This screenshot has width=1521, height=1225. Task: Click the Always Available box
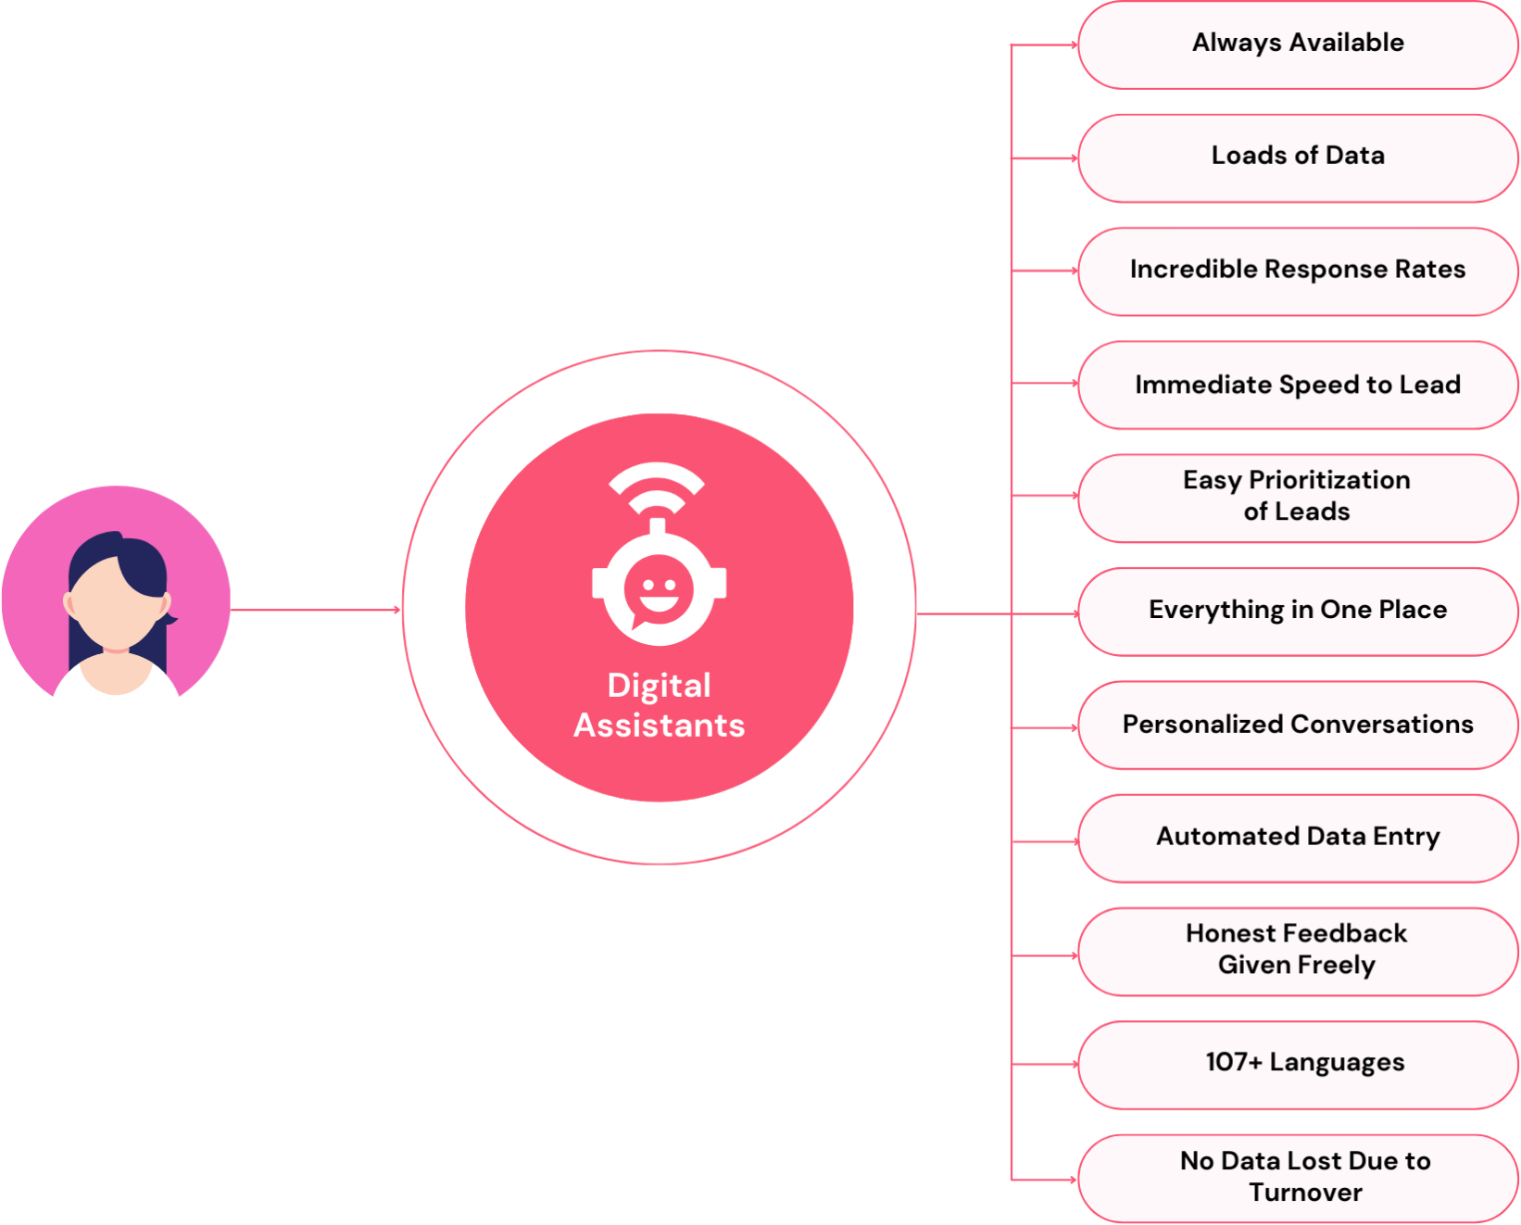coord(1298,44)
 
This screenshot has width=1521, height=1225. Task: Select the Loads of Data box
coord(1298,158)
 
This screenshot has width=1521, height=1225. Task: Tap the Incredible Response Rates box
coord(1298,271)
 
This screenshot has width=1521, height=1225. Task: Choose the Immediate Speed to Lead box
coord(1298,384)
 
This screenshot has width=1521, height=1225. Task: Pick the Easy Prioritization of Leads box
coord(1298,498)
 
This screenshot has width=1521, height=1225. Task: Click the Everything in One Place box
coord(1298,611)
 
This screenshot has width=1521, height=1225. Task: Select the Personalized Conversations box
coord(1298,725)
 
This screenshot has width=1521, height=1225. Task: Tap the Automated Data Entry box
coord(1298,838)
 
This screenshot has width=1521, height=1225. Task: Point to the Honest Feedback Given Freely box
coord(1298,952)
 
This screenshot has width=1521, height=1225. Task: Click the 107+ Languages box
coord(1298,1065)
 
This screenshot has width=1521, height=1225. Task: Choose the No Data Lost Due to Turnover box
coord(1298,1179)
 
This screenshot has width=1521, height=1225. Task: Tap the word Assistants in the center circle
coord(659,725)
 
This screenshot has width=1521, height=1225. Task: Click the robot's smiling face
coord(659,589)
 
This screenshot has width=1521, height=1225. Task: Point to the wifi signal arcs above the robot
coord(657,488)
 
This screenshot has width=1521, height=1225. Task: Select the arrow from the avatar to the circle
coord(315,609)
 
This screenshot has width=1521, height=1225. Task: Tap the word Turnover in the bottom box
coord(1305,1193)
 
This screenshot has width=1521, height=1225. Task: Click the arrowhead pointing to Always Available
coord(1074,44)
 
